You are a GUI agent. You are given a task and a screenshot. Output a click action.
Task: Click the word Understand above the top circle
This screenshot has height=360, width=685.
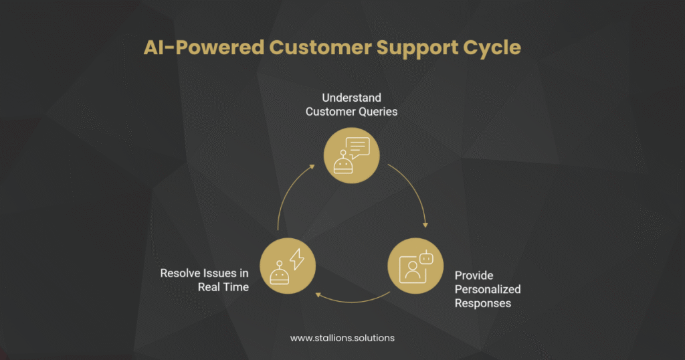[351, 98]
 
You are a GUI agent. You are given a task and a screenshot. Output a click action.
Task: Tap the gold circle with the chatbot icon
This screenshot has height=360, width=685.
[351, 155]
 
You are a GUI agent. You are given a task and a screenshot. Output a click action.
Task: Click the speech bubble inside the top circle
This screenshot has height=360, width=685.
[358, 147]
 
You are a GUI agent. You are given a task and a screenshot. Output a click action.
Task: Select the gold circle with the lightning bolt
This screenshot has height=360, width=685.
[287, 267]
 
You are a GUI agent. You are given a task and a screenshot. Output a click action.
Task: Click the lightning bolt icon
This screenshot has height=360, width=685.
[296, 258]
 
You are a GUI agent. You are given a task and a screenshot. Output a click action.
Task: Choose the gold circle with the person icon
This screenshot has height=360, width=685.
[415, 267]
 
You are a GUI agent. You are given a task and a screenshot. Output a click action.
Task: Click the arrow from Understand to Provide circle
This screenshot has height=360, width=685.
[415, 194]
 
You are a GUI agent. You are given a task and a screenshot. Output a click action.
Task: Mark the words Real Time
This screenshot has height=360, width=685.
[223, 287]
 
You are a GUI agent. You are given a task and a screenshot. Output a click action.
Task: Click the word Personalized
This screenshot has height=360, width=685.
[488, 289]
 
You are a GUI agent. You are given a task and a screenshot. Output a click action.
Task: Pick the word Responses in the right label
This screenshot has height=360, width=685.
[483, 303]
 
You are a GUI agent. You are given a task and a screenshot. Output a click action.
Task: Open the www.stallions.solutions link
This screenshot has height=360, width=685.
[342, 338]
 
